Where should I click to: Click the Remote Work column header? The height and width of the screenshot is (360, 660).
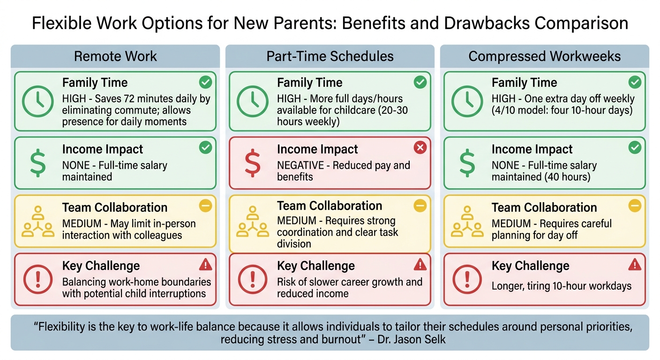pos(115,57)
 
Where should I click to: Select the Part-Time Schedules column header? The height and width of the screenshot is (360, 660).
pos(330,57)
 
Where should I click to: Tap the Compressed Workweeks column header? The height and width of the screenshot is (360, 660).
pos(545,57)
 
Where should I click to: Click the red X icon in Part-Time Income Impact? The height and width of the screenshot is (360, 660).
pos(420,148)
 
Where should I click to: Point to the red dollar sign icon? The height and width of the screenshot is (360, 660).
pos(252,163)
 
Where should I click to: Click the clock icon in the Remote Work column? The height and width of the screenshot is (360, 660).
pos(37,101)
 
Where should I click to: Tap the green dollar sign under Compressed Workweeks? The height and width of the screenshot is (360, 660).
pos(467,163)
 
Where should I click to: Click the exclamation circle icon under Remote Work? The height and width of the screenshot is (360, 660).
pos(37,279)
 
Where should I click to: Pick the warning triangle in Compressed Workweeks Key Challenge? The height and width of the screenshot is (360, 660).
pos(634,265)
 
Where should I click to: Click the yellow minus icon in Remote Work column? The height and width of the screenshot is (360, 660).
pos(205,206)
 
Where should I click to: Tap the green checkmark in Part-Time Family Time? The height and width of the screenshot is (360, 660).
pos(420,82)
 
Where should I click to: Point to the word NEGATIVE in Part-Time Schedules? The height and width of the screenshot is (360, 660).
pos(300,165)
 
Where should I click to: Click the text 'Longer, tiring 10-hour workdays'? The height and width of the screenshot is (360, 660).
pos(562,285)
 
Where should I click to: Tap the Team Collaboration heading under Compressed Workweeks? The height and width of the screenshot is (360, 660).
pos(544,208)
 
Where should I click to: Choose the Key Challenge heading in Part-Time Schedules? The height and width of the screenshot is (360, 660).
pos(315,266)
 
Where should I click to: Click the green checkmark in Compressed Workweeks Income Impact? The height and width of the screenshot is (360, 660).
pos(634,148)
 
